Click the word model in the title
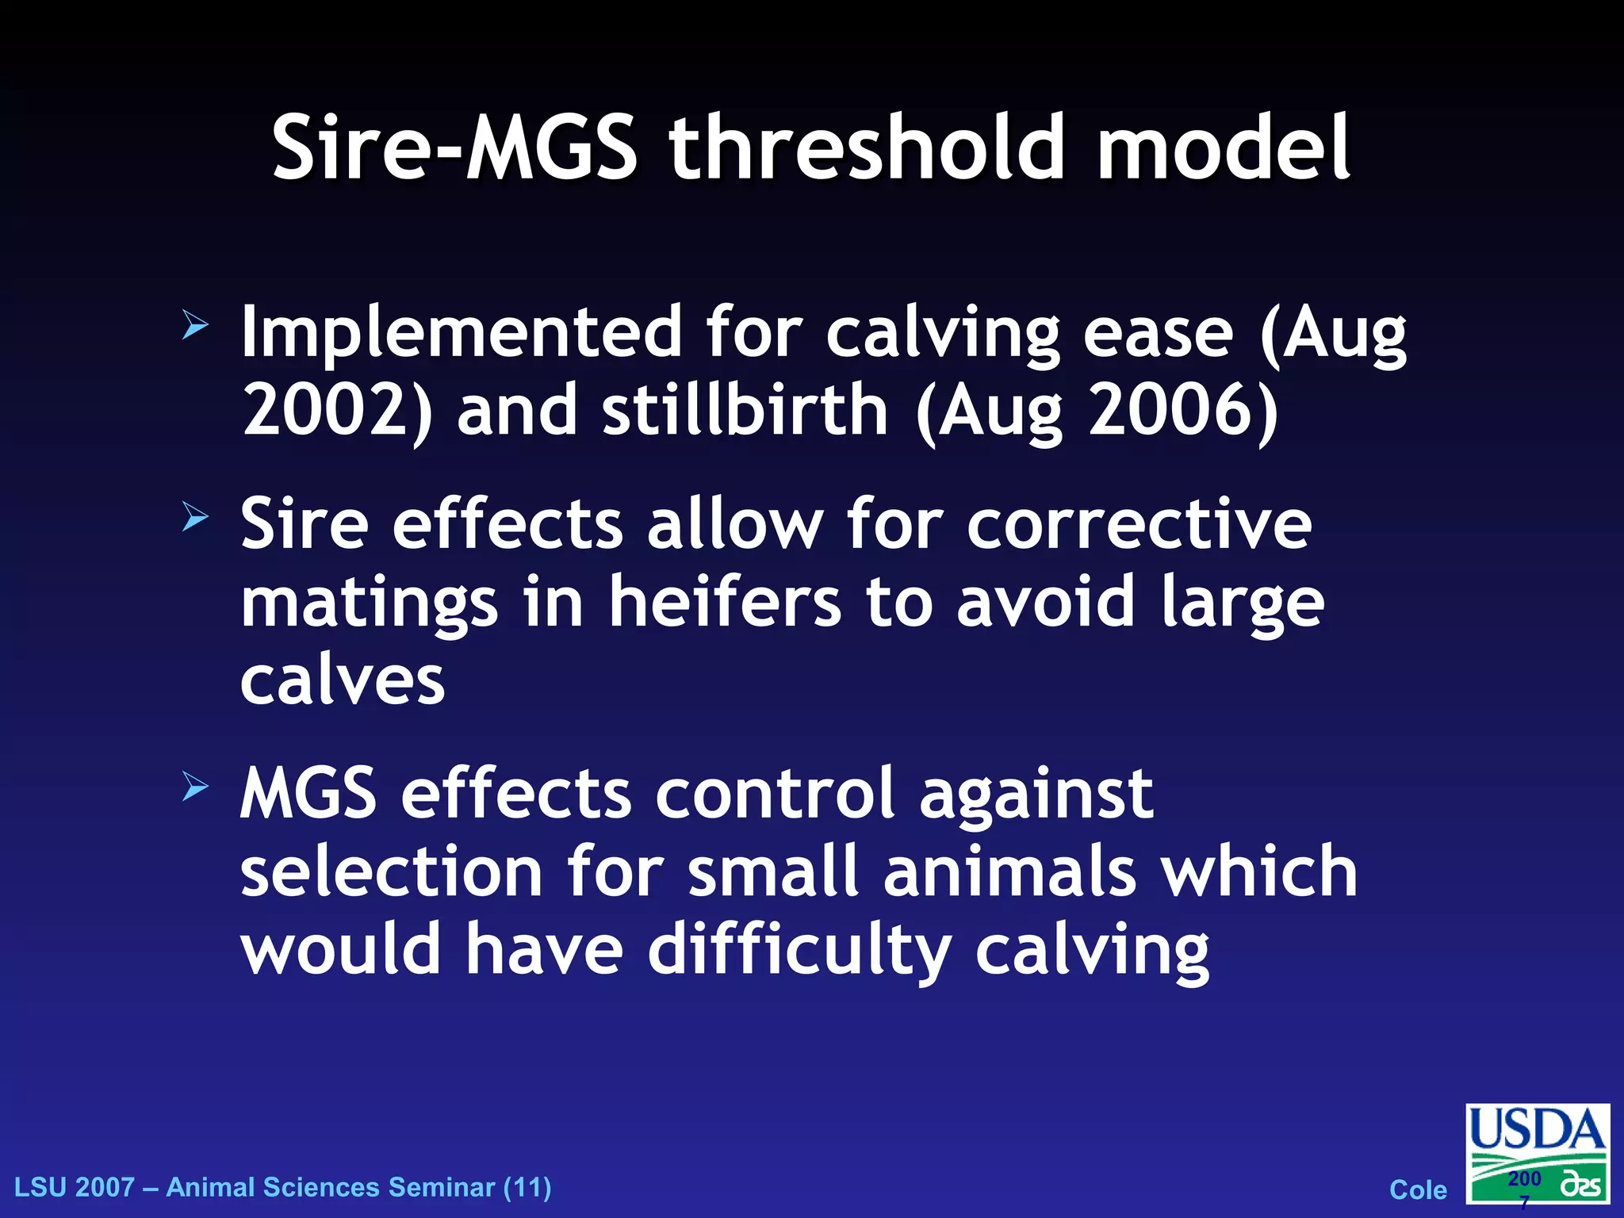click(x=1224, y=148)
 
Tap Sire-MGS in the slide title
click(x=454, y=148)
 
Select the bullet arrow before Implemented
click(x=194, y=325)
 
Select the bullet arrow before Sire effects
click(x=194, y=518)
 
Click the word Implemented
click(x=461, y=333)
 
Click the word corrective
click(x=1139, y=525)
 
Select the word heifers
click(x=724, y=603)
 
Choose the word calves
click(x=343, y=682)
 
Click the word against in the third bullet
click(x=1036, y=795)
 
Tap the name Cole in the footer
click(x=1418, y=1189)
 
